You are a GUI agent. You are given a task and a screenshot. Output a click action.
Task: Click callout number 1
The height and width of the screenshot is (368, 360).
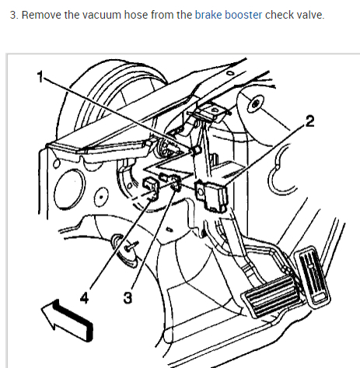[40, 77]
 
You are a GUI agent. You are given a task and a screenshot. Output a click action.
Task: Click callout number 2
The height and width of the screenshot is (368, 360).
[309, 121]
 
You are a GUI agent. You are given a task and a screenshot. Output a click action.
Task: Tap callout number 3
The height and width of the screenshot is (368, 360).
[128, 297]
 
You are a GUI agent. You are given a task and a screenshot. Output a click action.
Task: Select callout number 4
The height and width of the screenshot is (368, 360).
[85, 297]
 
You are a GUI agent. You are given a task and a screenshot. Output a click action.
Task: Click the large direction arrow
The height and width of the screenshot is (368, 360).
[67, 320]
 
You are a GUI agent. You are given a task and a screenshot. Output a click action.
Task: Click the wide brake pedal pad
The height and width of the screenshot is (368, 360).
[271, 295]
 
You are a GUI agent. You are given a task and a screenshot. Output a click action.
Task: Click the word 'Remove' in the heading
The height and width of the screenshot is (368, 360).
[41, 15]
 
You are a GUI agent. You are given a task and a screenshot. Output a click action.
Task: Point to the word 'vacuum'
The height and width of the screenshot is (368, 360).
[102, 16]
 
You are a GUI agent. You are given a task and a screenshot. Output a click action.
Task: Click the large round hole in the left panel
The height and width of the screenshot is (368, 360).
[69, 189]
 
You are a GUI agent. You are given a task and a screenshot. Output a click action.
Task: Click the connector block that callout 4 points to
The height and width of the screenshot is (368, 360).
[151, 188]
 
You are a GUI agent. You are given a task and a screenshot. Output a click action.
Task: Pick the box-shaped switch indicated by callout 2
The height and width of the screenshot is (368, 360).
[211, 196]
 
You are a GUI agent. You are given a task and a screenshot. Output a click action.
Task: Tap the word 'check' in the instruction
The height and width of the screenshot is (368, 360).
[279, 15]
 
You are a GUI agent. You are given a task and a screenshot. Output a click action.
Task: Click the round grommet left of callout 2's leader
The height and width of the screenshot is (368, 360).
[256, 104]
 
